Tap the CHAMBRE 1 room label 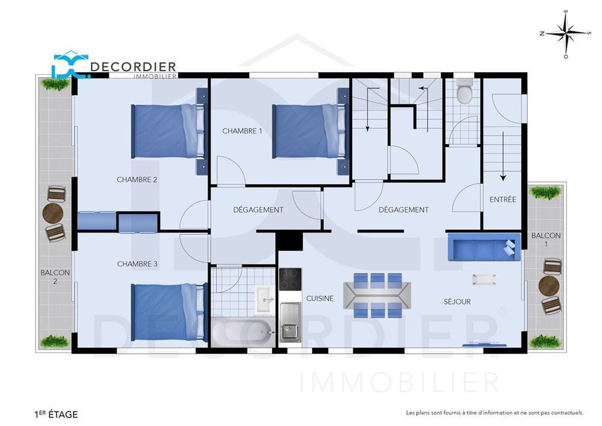tap(242, 131)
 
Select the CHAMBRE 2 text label tap(137, 179)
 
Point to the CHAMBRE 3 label tap(137, 264)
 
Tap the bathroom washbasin tap(264, 299)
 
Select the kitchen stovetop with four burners tap(290, 279)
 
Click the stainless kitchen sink tap(290, 323)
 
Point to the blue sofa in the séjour tap(483, 248)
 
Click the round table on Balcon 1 tap(548, 286)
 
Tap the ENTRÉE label tap(503, 199)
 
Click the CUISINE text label tap(320, 298)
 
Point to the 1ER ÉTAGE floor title tap(56, 414)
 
